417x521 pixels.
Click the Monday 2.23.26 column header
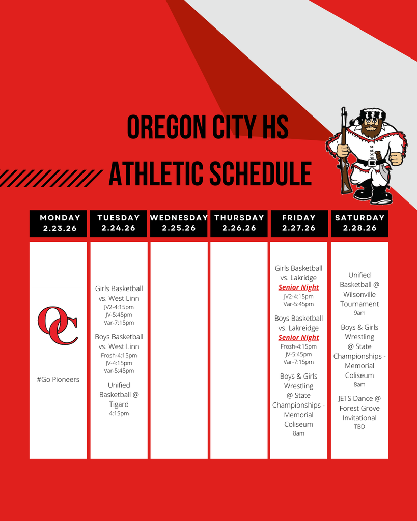click(58, 223)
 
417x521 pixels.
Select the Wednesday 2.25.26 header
click(179, 223)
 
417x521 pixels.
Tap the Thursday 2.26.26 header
click(239, 223)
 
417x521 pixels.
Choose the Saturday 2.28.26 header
click(359, 223)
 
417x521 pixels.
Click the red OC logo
click(58, 325)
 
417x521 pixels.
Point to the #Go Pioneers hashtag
click(58, 379)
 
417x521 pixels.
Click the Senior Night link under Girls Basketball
click(298, 287)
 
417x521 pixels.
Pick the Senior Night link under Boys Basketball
click(298, 338)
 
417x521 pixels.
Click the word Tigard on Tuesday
click(119, 404)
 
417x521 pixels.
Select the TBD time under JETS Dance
click(359, 427)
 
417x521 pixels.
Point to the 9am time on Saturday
click(359, 313)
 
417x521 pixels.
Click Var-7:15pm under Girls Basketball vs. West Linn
click(119, 323)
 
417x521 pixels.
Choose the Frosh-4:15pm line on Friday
click(298, 346)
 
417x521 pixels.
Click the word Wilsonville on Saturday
click(359, 295)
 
